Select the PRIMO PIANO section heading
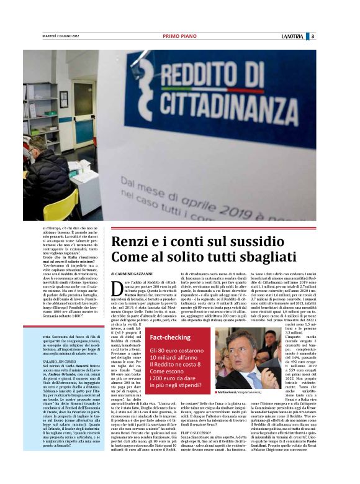179,36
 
